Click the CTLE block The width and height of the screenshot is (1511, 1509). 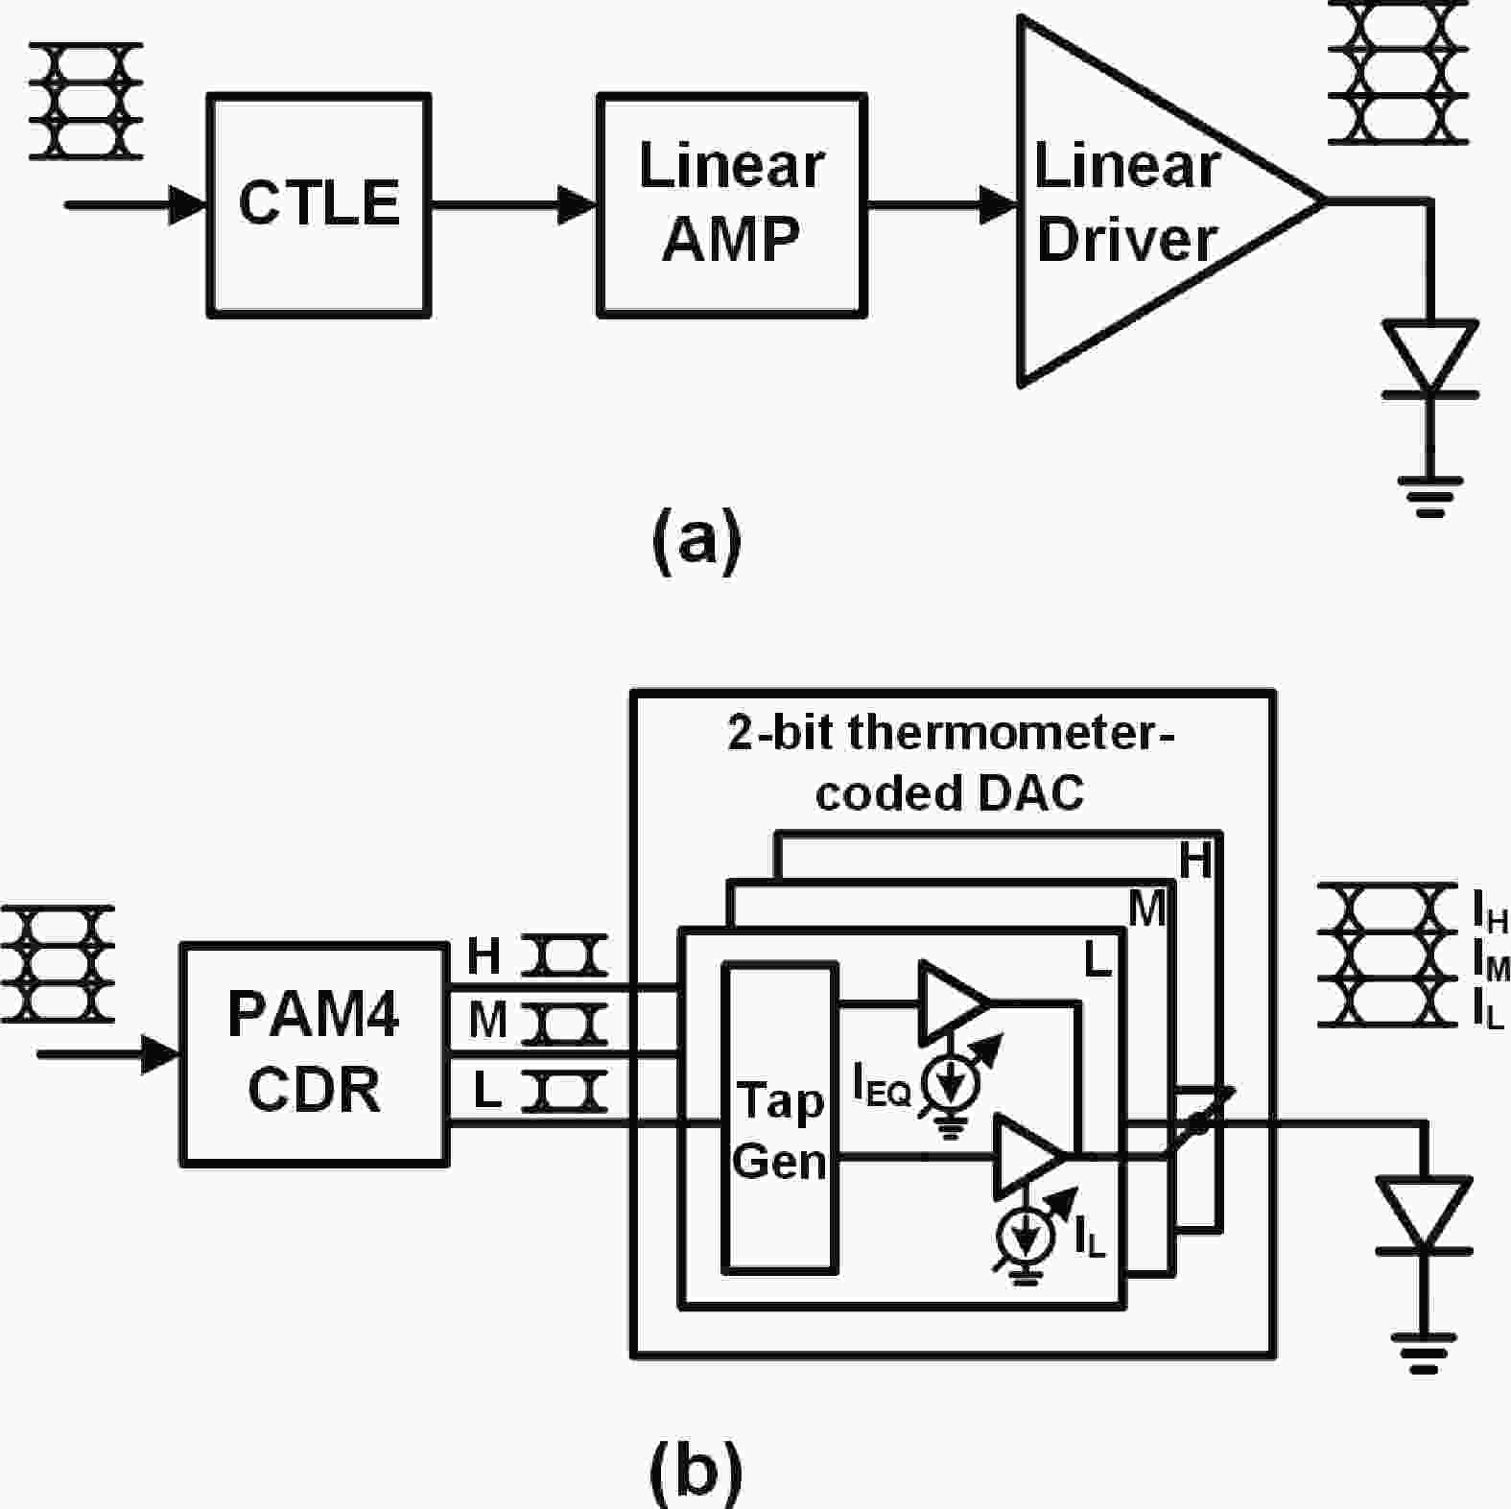coord(319,204)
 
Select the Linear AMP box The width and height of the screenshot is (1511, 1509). coord(731,204)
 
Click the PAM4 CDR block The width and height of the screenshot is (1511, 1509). coord(314,1053)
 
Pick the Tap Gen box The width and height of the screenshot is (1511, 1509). coord(779,1118)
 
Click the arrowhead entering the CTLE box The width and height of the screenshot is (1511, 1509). coord(188,204)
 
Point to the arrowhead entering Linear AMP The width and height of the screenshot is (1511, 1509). coord(578,204)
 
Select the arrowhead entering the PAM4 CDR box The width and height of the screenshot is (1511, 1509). coord(161,1053)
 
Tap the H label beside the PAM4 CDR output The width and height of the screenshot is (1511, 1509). coord(484,956)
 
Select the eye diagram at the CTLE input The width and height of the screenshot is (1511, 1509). coord(86,101)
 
